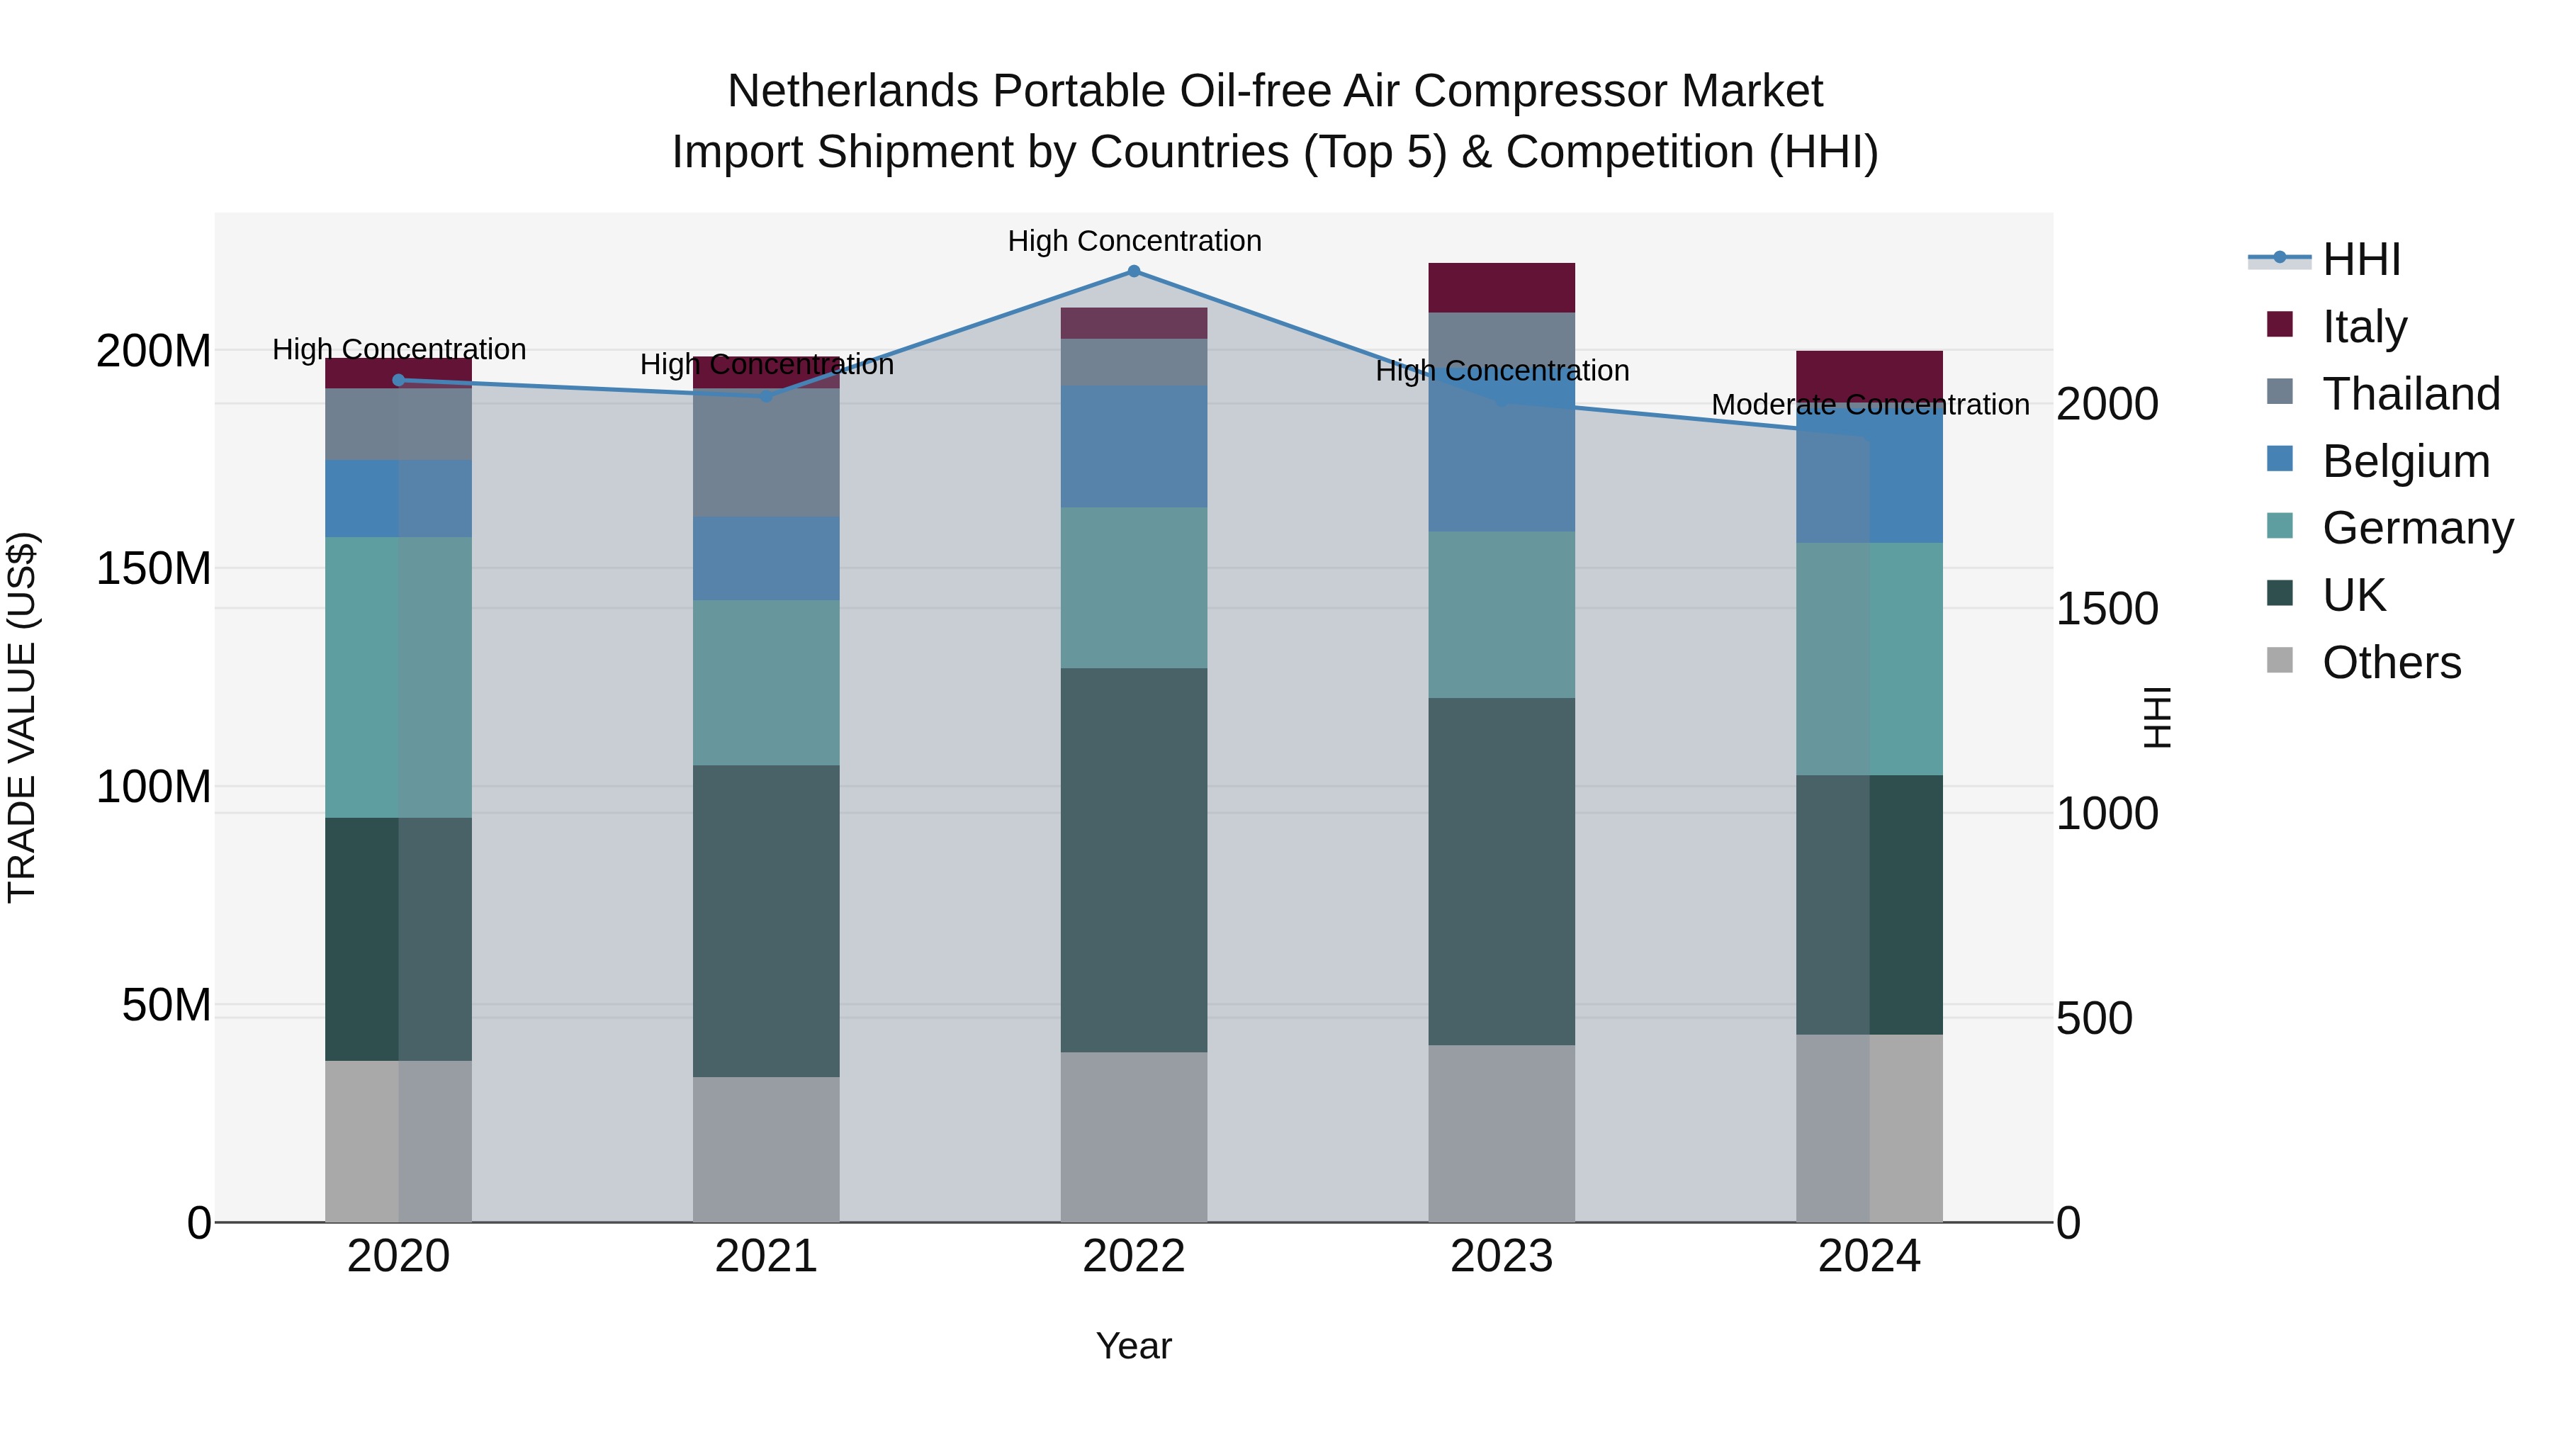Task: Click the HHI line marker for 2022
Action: coord(1134,271)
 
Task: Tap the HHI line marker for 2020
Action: coord(398,381)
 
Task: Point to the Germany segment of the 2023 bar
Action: coord(1502,614)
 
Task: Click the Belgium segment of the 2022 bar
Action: coord(1134,446)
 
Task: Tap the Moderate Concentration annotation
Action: coord(1870,405)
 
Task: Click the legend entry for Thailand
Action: coord(2411,394)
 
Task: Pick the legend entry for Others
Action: coord(2391,663)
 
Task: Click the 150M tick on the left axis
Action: coord(154,568)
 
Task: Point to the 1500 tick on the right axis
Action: coord(2107,609)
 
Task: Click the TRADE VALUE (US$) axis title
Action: coord(22,717)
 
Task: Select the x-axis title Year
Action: coord(1134,1346)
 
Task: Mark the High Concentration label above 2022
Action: coord(1134,241)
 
